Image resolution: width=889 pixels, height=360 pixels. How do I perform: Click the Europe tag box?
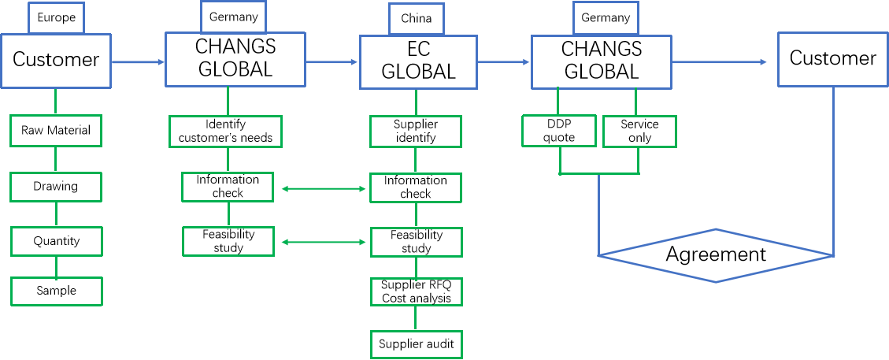tap(56, 17)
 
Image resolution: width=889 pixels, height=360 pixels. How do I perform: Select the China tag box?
tap(417, 19)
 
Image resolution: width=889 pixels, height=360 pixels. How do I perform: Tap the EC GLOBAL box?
tap(418, 61)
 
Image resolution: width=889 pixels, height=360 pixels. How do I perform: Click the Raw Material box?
tap(56, 130)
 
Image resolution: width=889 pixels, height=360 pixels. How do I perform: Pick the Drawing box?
tap(56, 187)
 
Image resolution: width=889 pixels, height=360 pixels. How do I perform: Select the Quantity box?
tap(56, 241)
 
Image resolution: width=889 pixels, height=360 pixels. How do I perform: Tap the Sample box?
tap(56, 291)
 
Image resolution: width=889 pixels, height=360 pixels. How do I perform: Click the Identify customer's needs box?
tap(226, 131)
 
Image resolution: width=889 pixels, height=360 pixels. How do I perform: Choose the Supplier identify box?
tap(416, 131)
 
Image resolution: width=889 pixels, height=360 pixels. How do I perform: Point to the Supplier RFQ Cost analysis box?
tap(416, 291)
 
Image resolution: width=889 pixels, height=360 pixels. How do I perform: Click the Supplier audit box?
tap(416, 344)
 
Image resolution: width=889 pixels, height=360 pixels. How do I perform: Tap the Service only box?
tap(639, 131)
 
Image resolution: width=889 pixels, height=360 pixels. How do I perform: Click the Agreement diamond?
tap(715, 254)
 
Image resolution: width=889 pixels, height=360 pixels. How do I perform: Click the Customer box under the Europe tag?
tap(56, 59)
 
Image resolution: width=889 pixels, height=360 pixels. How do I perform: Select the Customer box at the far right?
tap(833, 58)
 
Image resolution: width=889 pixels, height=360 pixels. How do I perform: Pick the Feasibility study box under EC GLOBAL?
tap(416, 242)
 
